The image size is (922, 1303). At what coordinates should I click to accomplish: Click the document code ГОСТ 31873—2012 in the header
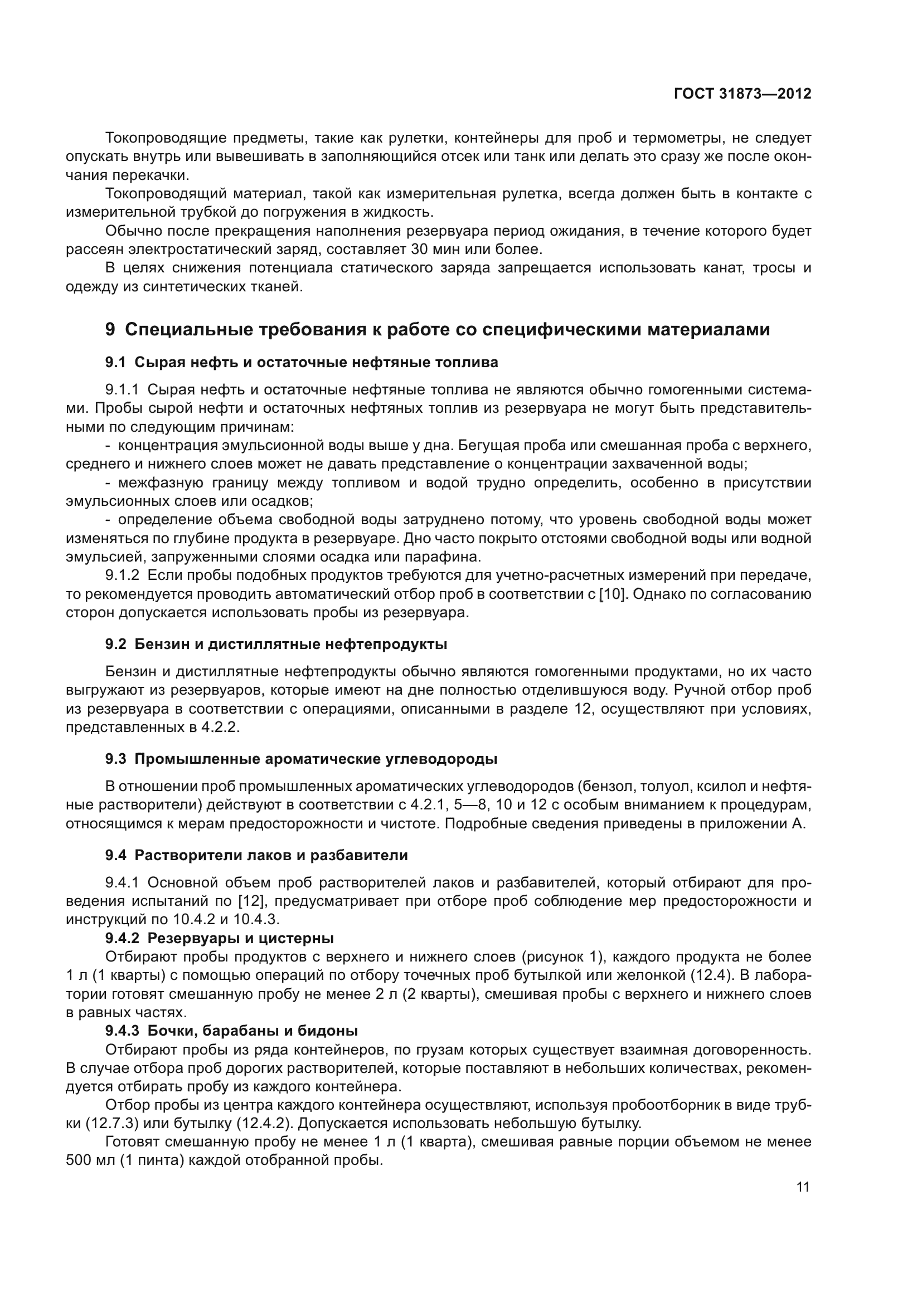point(743,94)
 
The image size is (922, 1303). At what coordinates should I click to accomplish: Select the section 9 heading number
point(110,330)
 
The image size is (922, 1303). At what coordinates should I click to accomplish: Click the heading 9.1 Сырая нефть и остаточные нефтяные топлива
point(301,362)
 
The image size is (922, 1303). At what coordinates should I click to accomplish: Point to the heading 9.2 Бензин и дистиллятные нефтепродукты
point(276,644)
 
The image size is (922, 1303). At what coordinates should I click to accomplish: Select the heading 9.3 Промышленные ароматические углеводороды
point(301,759)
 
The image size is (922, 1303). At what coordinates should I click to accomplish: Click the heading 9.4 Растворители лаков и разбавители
point(256,855)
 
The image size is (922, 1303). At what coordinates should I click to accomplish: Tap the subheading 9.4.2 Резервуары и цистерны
point(219,938)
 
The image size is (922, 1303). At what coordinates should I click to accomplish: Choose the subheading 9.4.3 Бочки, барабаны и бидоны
point(231,1031)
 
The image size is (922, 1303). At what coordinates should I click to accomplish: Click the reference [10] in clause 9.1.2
point(613,594)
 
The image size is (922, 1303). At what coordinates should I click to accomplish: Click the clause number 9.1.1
point(122,390)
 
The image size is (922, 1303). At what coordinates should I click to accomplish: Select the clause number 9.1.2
point(122,575)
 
